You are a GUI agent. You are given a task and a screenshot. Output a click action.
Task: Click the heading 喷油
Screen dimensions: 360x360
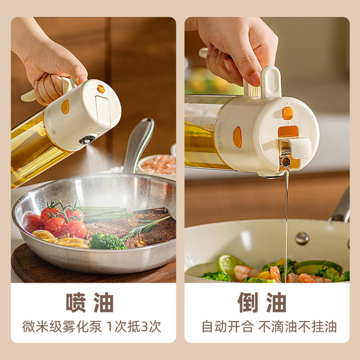(90, 302)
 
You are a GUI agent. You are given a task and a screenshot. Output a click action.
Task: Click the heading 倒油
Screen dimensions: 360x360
(262, 302)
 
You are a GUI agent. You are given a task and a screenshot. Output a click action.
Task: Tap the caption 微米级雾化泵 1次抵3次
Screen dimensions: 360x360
(92, 327)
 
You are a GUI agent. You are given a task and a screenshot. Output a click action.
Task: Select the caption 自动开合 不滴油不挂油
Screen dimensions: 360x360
(269, 327)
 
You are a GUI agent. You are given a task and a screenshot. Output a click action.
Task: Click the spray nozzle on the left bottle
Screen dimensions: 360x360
(87, 139)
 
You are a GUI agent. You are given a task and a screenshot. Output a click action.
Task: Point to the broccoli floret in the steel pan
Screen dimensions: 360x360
(107, 241)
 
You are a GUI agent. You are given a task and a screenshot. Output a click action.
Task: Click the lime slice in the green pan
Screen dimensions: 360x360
(229, 264)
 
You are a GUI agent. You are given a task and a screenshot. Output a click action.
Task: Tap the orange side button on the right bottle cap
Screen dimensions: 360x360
(237, 137)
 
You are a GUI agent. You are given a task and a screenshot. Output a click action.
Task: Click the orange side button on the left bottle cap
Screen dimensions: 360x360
(65, 107)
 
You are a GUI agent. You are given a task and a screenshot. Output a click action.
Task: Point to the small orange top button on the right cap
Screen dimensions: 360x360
(288, 113)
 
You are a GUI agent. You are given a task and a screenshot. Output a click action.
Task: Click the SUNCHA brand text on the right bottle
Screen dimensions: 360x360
(220, 136)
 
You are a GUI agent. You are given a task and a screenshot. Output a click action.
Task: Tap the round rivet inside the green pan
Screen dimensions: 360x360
(302, 238)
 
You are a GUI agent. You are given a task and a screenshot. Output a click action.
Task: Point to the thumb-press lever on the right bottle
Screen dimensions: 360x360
(271, 82)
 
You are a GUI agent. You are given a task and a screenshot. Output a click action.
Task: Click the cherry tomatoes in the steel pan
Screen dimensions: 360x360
(63, 221)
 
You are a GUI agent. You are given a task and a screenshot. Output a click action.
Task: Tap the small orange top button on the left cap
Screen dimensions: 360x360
(101, 89)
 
